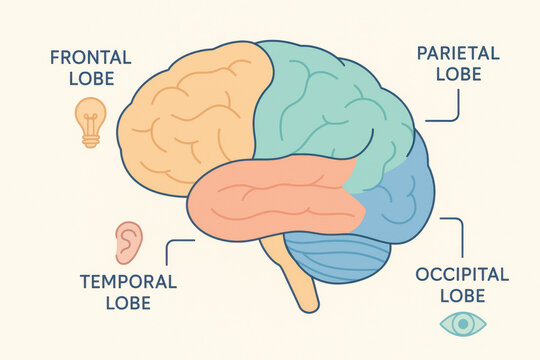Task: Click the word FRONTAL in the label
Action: pyautogui.click(x=88, y=58)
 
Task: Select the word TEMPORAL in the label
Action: pyautogui.click(x=127, y=281)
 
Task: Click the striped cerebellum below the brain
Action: pyautogui.click(x=335, y=258)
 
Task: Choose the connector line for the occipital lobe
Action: pyautogui.click(x=458, y=235)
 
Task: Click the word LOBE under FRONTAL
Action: pyautogui.click(x=88, y=79)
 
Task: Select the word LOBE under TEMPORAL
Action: pyautogui.click(x=127, y=303)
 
